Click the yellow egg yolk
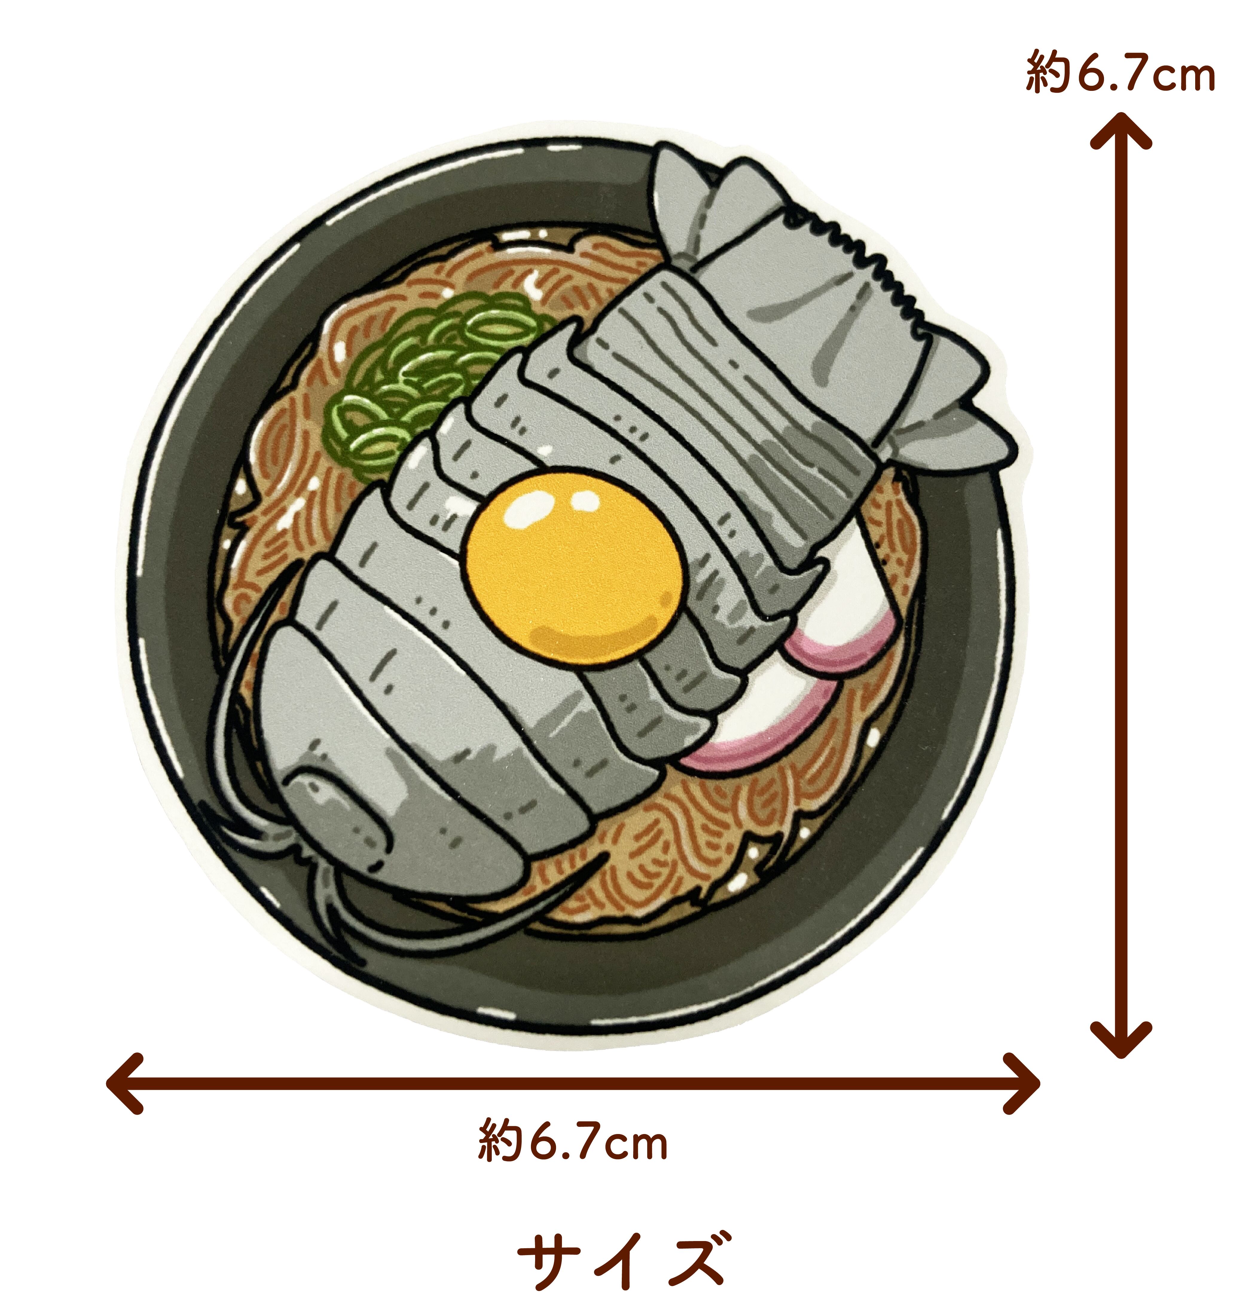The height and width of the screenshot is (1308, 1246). pos(572,566)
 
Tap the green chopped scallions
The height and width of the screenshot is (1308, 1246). pos(425,378)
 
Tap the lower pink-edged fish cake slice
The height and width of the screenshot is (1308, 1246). pos(764,724)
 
